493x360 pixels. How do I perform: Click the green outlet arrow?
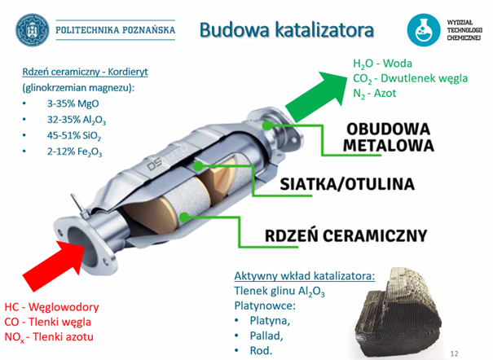pos(318,96)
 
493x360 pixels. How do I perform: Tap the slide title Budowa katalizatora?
pos(287,30)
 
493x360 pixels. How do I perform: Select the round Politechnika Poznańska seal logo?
pos(33,30)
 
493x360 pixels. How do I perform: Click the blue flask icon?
pos(423,30)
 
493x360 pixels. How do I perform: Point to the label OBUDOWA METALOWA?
pos(389,138)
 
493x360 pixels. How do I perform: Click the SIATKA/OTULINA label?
pos(347,184)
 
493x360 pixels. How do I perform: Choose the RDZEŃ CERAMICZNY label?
pos(346,235)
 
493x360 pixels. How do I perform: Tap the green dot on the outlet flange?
pos(267,125)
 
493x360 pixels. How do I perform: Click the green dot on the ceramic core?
pos(185,217)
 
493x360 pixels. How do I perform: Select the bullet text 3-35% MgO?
pos(73,103)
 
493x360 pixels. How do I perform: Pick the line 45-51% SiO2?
pos(74,136)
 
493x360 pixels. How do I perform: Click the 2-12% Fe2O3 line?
pos(74,151)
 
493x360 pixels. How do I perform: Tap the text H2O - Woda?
pos(382,64)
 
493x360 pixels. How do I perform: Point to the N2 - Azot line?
pos(374,94)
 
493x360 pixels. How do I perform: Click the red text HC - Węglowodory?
pos(51,306)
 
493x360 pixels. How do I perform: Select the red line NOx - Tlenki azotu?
pos(49,337)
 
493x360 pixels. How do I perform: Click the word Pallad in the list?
pos(266,336)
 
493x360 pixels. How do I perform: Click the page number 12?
pos(454,353)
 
